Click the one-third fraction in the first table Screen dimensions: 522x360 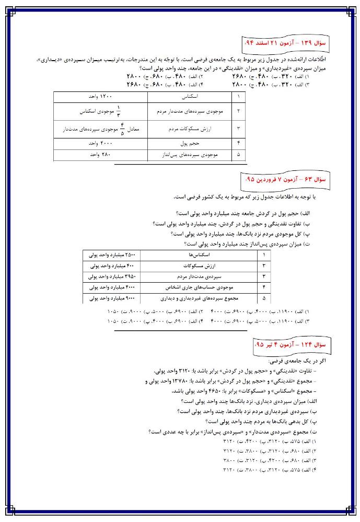[118, 111]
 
